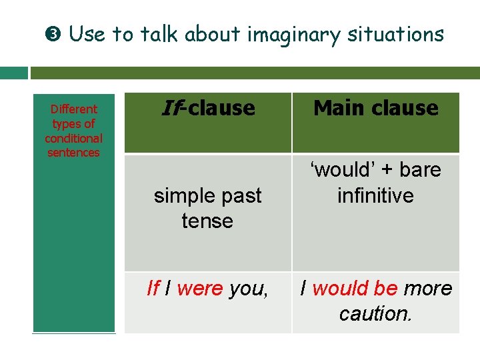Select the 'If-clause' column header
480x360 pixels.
[208, 108]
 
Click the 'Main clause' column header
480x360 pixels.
[376, 108]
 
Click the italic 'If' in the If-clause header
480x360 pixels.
[171, 108]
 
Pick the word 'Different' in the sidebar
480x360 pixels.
[73, 109]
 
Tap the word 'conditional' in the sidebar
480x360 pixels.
[73, 139]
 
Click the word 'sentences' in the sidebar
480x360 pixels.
[73, 153]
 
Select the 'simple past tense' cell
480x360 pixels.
[208, 208]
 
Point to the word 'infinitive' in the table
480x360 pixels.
[375, 196]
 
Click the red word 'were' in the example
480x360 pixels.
[200, 289]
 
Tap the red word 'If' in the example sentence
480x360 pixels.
[153, 289]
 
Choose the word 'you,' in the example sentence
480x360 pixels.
[249, 289]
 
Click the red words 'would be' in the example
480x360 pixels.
[355, 289]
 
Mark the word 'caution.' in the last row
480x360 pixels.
[375, 313]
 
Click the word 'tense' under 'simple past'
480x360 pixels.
[207, 221]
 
